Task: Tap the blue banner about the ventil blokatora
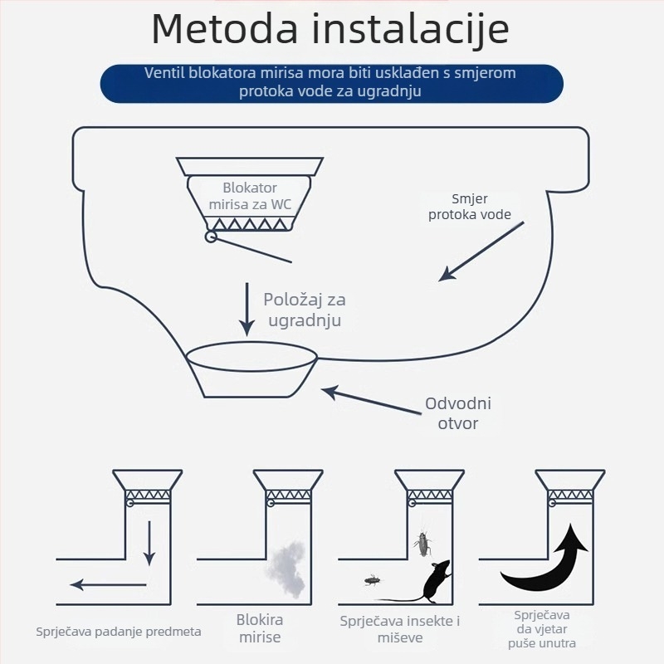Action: point(331,82)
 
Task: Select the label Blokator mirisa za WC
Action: point(249,196)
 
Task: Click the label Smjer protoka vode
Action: point(469,207)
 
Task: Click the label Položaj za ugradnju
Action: point(303,310)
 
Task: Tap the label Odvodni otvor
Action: point(458,413)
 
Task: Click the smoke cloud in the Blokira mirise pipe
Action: point(286,564)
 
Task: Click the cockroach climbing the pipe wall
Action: point(422,544)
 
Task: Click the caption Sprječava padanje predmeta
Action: point(119,632)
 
